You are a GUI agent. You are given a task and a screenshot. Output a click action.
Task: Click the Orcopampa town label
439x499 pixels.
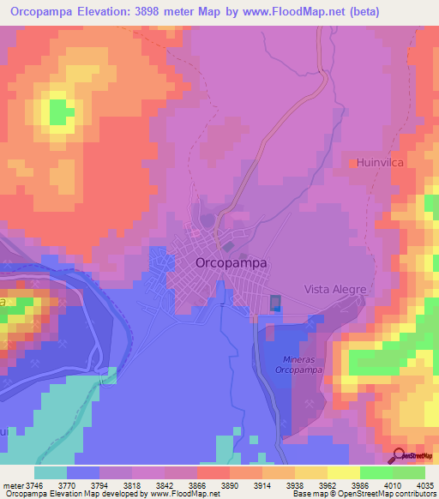[x=231, y=262]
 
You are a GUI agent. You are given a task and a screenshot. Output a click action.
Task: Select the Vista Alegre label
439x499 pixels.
[x=335, y=290]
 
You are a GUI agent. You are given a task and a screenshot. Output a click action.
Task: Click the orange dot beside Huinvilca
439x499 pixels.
[x=352, y=161]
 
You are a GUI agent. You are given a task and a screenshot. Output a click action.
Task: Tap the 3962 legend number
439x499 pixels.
[x=314, y=484]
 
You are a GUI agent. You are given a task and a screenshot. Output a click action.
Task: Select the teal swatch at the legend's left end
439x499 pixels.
[x=51, y=472]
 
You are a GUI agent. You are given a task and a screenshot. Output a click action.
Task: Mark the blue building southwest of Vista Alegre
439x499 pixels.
[x=275, y=304]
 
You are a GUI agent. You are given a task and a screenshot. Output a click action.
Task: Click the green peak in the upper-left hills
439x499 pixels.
[x=60, y=111]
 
